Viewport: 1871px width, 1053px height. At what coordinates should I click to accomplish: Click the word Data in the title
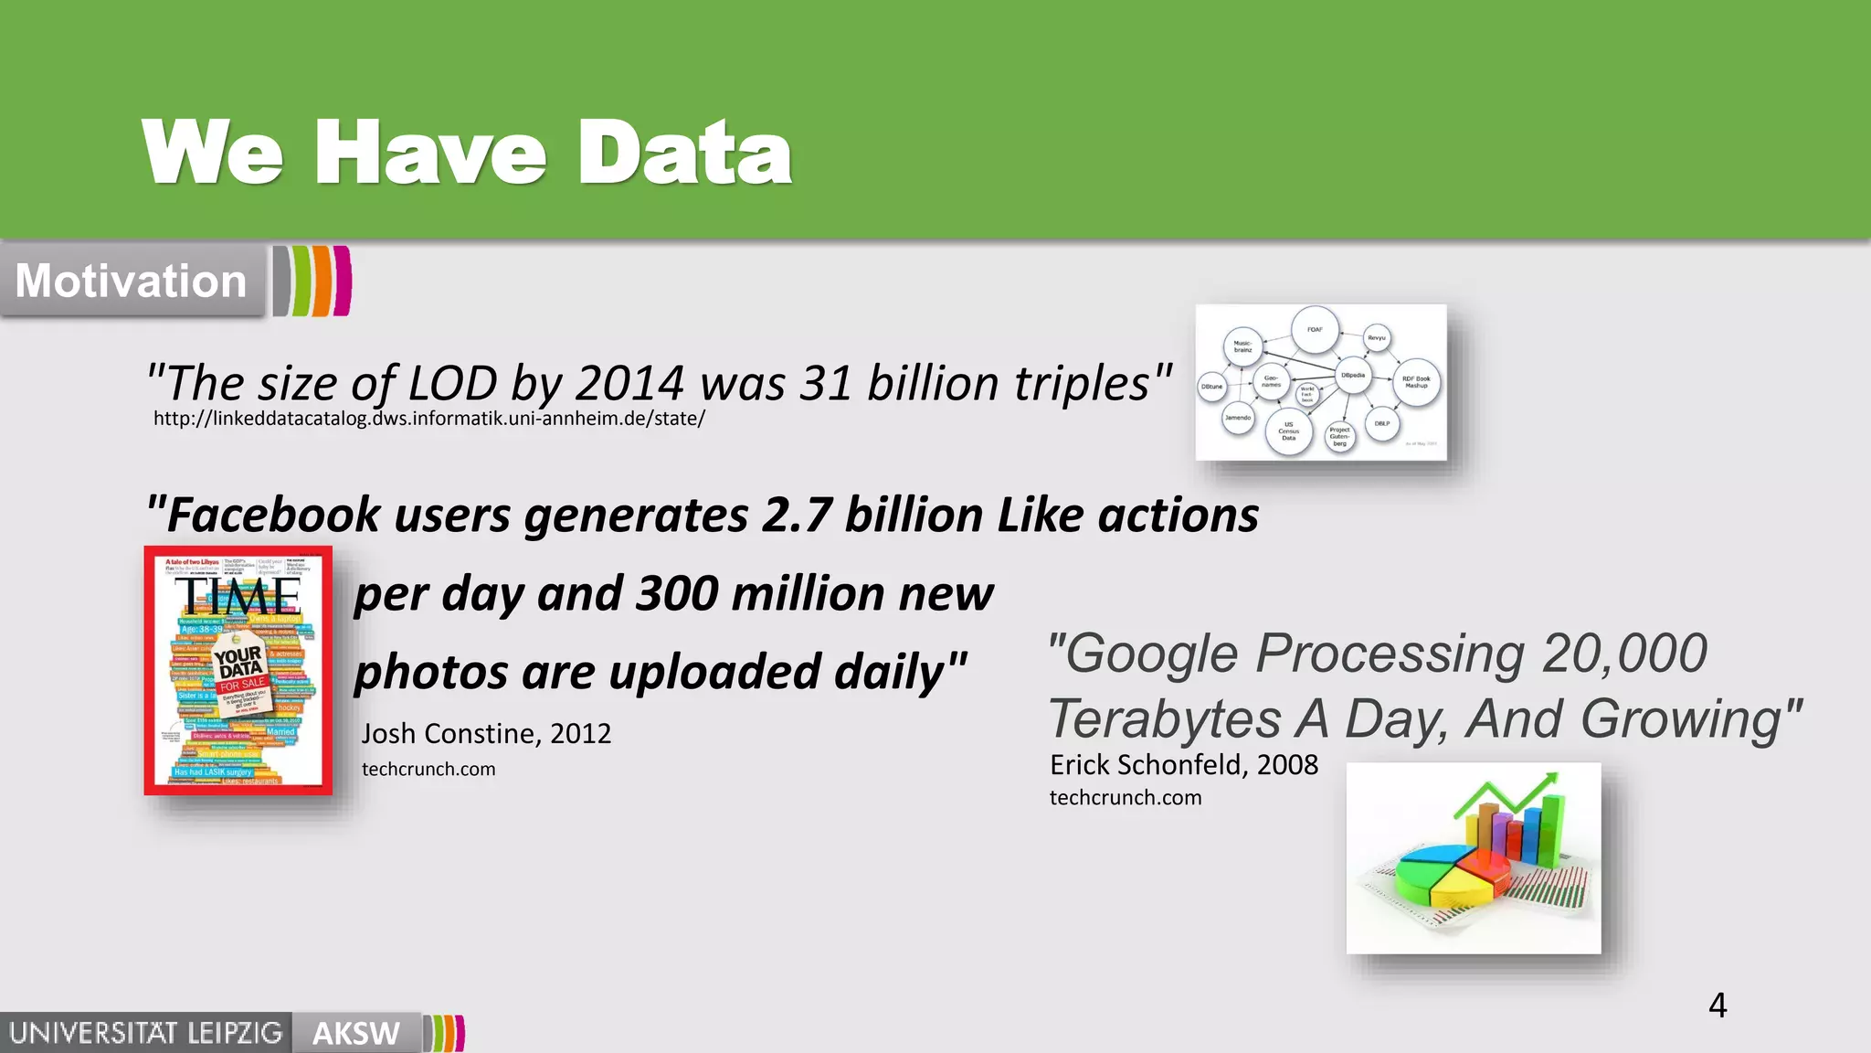[x=684, y=153]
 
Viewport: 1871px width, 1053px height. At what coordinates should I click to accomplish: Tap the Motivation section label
[x=131, y=281]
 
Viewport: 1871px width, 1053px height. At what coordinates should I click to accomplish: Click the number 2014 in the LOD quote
[x=629, y=383]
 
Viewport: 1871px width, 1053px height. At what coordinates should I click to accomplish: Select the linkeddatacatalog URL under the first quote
[x=428, y=419]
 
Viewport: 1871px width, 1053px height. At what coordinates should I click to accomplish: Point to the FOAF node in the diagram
[x=1315, y=330]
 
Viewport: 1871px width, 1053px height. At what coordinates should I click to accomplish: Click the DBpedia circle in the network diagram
[x=1353, y=375]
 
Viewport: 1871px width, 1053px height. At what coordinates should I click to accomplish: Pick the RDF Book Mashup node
[x=1416, y=382]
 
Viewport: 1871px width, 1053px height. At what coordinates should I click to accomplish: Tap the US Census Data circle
[x=1288, y=431]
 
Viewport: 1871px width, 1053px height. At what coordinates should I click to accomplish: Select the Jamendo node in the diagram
[x=1238, y=418]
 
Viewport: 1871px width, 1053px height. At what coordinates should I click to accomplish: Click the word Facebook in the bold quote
[x=273, y=515]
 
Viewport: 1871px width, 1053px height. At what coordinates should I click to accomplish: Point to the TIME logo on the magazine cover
[x=238, y=597]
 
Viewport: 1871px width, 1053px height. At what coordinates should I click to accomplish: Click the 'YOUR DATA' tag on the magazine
[x=239, y=663]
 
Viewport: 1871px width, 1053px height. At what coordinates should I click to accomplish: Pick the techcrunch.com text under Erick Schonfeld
[x=1126, y=797]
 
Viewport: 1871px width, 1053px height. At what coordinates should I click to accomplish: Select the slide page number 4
[x=1718, y=1005]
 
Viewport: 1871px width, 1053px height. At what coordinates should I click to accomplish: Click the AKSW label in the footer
[x=356, y=1034]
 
